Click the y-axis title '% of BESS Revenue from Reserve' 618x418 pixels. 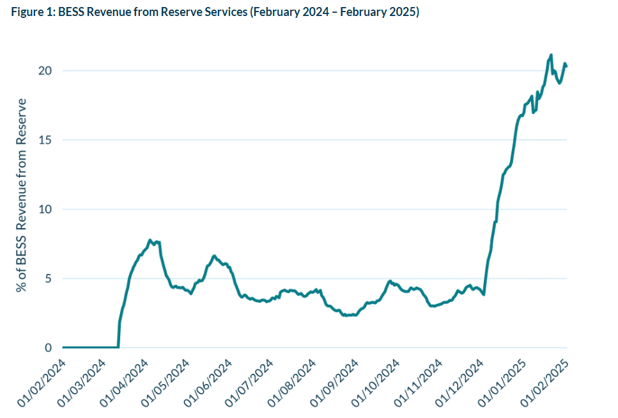click(23, 196)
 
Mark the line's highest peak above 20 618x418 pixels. click(551, 55)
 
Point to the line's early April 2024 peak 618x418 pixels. click(150, 241)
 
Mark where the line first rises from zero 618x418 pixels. click(119, 346)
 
